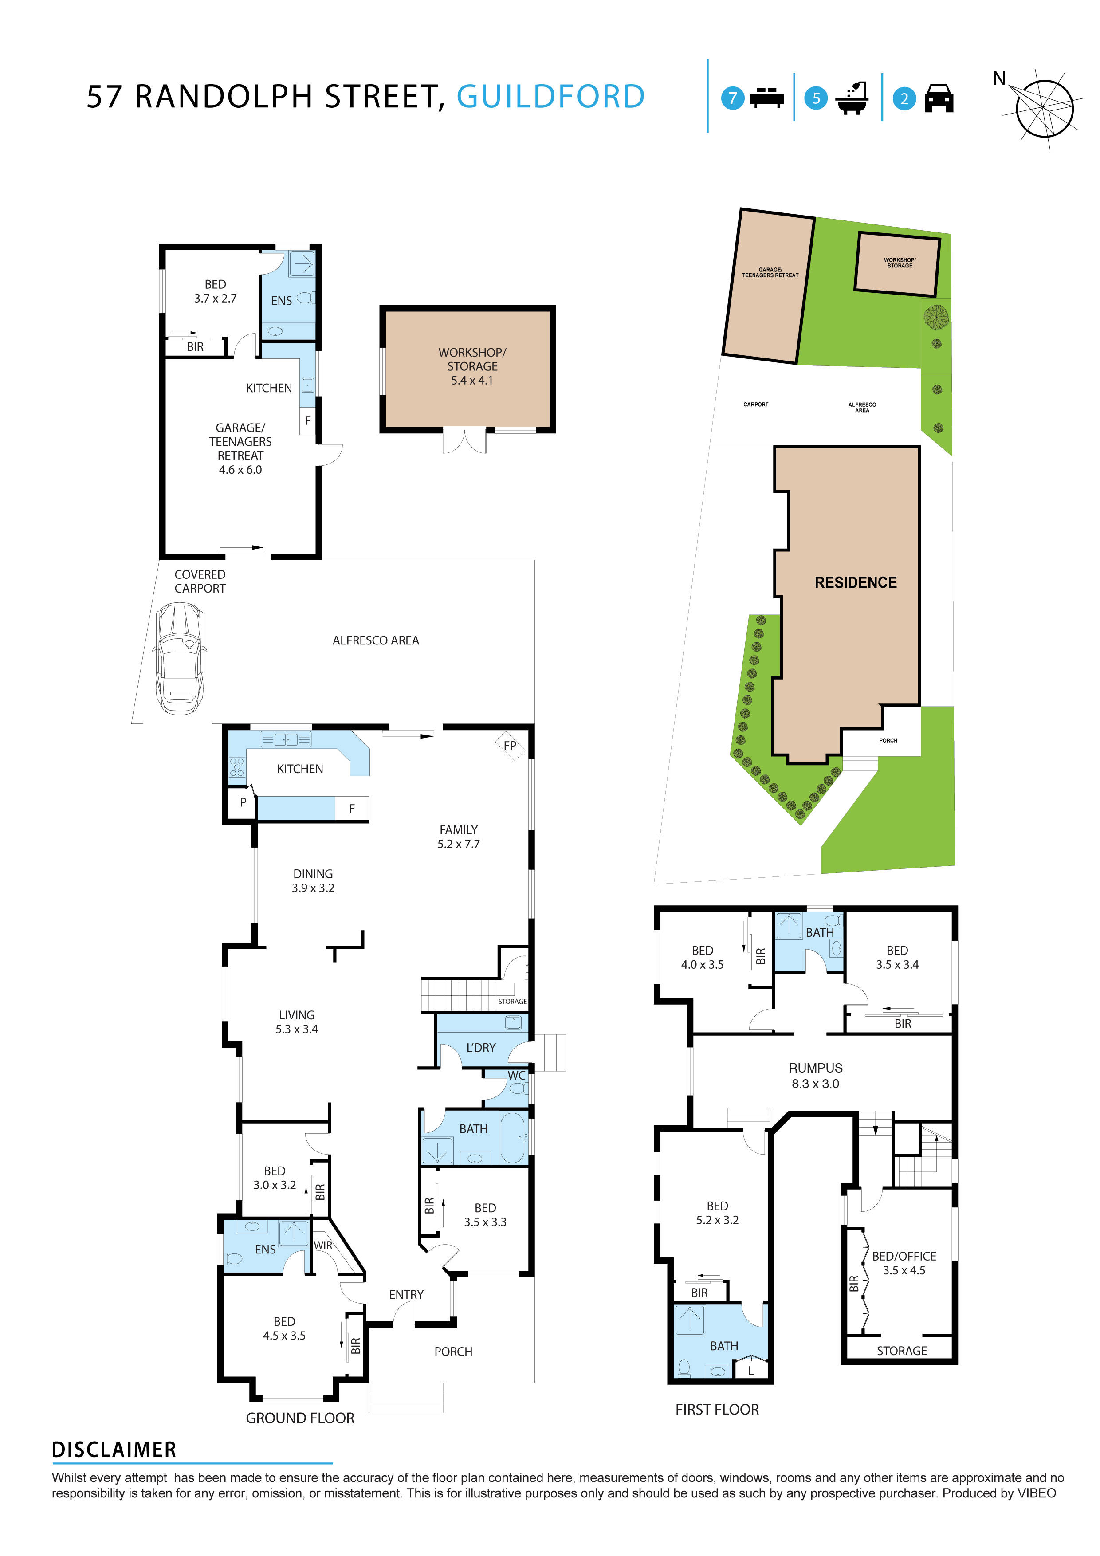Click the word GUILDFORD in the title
coord(550,97)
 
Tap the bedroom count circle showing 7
coord(732,98)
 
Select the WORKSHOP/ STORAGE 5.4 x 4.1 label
coord(472,366)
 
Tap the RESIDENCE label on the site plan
coord(855,583)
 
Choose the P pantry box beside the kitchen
coord(243,802)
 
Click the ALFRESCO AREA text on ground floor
coord(376,640)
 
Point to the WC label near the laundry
coord(516,1076)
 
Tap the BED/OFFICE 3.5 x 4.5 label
coord(904,1263)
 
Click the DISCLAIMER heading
coord(114,1450)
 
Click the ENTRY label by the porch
coord(406,1294)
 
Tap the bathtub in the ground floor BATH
coord(512,1138)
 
